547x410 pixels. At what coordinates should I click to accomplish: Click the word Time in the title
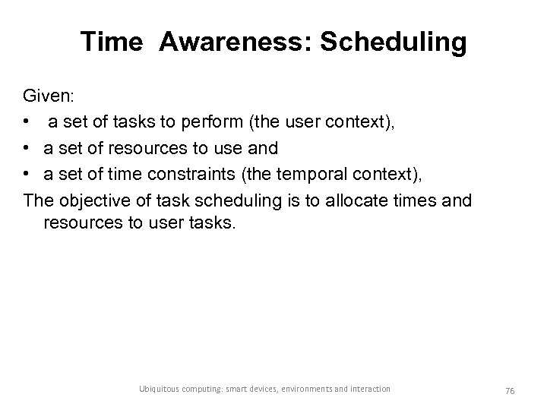pyautogui.click(x=111, y=43)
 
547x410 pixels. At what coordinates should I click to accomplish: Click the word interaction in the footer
pyautogui.click(x=371, y=389)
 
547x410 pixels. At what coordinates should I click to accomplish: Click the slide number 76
pyautogui.click(x=508, y=389)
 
